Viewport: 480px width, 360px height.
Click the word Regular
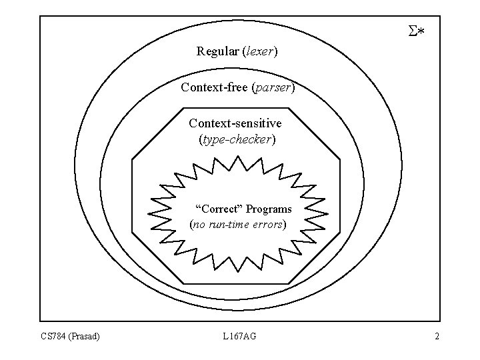point(217,51)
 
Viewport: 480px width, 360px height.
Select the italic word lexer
point(259,51)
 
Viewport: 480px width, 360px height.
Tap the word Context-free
point(214,87)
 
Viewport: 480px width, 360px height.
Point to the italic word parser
point(272,87)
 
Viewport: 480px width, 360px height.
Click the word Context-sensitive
point(235,123)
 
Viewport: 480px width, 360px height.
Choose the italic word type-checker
point(237,140)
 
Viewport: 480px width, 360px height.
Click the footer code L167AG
point(239,337)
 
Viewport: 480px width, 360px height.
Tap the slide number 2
point(437,337)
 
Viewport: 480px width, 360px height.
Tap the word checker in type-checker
point(251,140)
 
